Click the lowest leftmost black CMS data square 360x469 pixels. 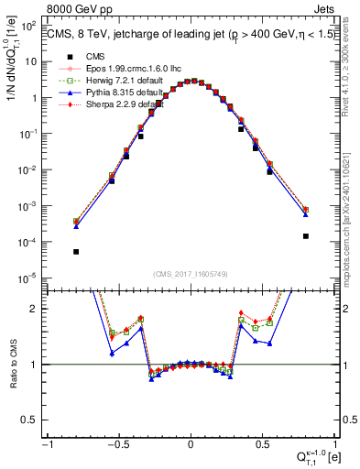coord(76,252)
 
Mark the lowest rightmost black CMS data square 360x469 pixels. coord(306,236)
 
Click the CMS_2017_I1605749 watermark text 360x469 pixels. coord(191,275)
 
